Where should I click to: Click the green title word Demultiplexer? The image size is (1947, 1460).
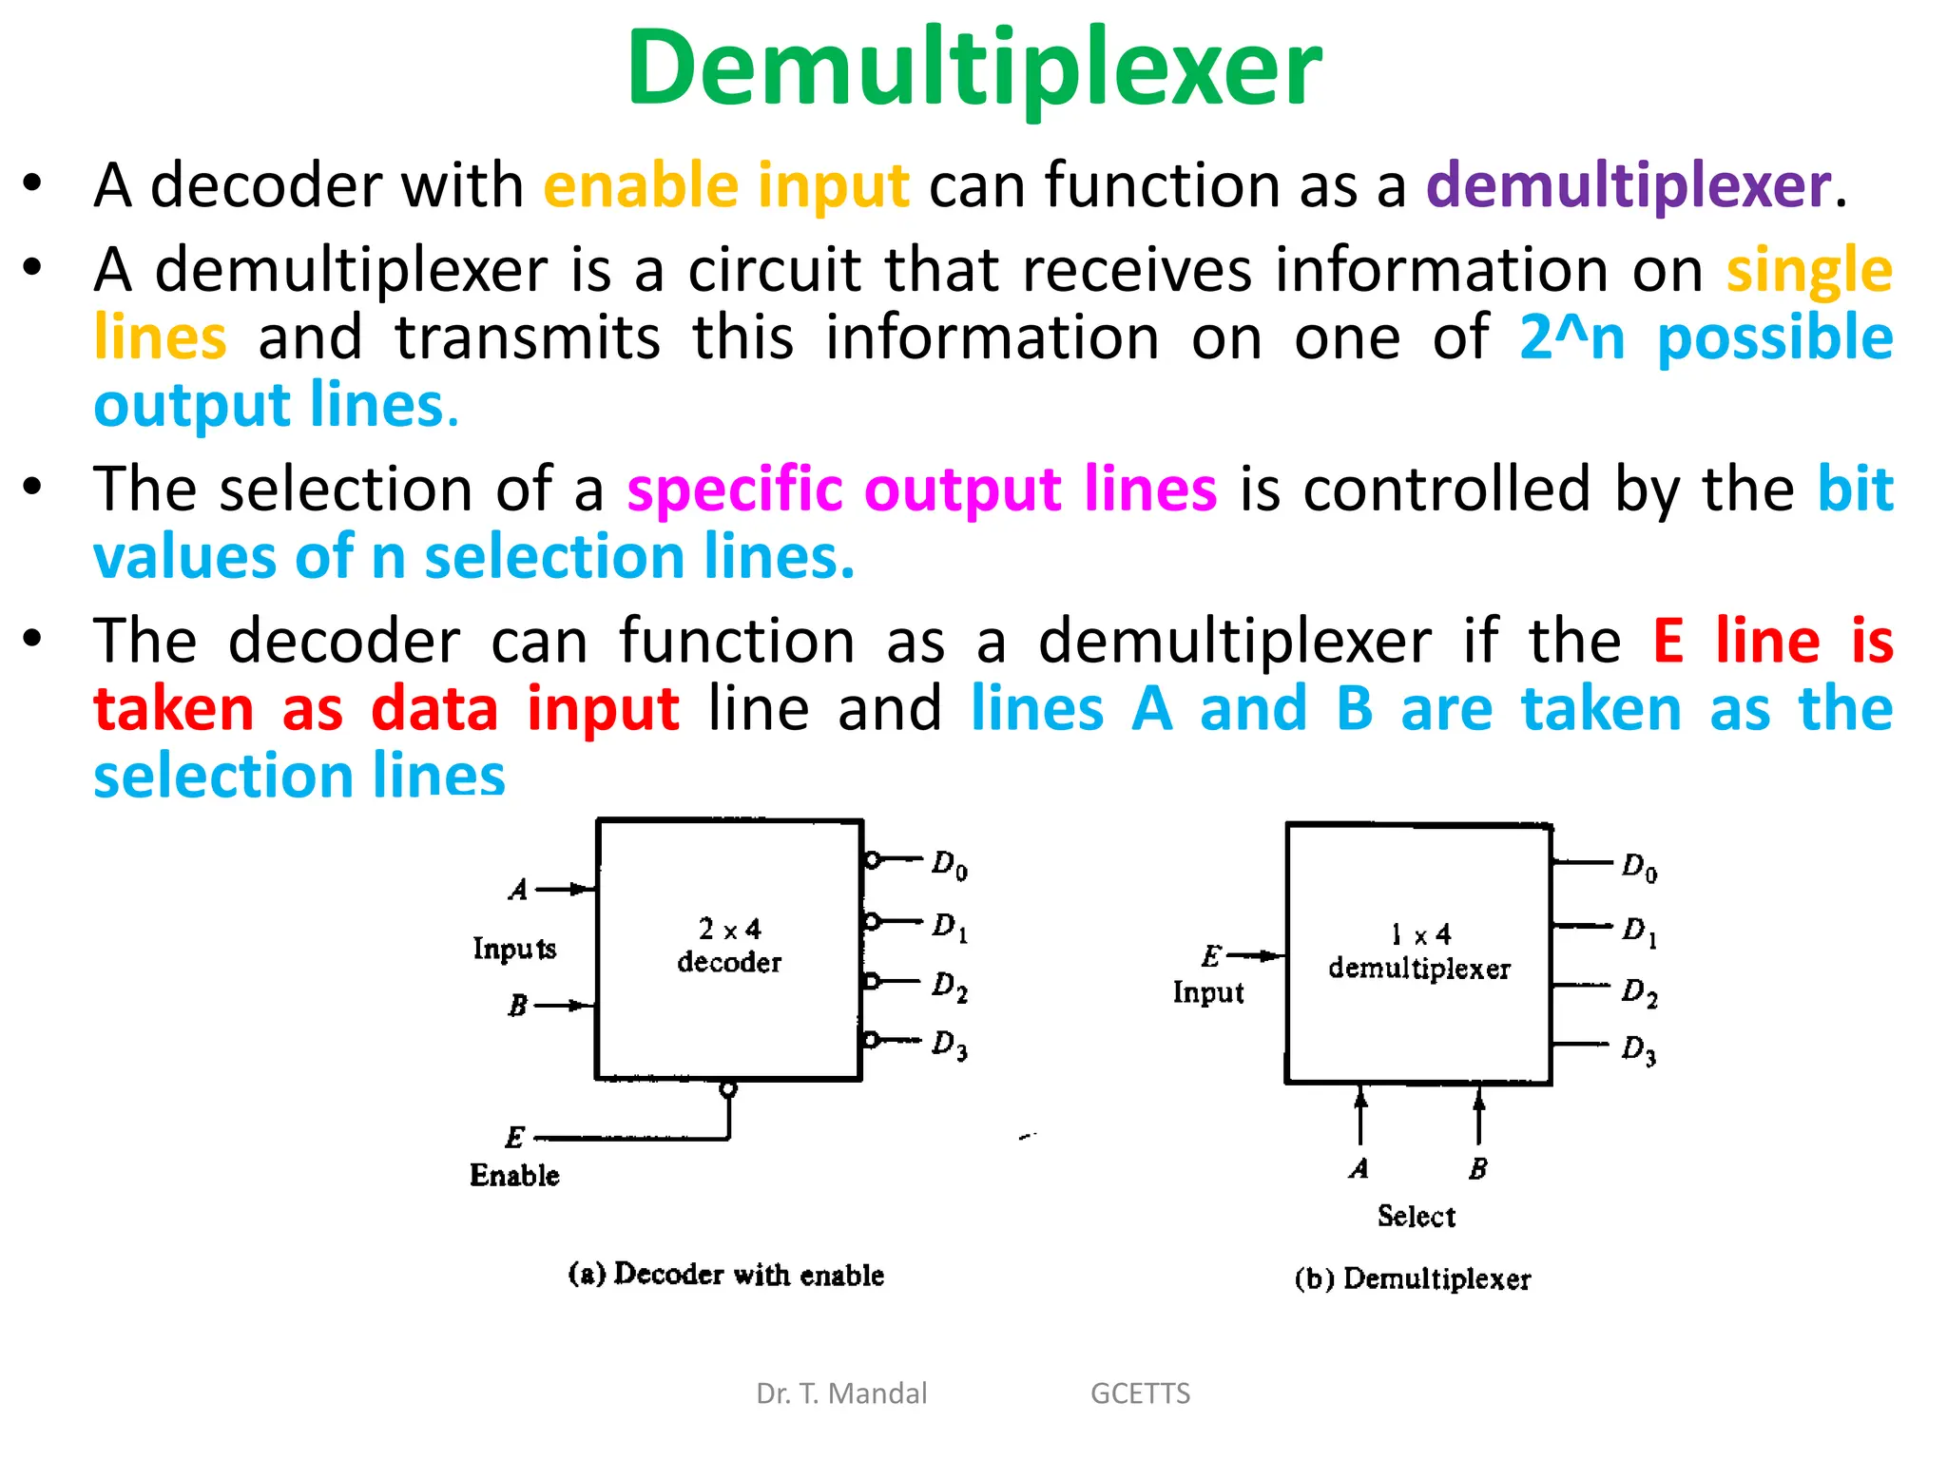click(973, 68)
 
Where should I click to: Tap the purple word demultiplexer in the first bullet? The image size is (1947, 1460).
click(1628, 184)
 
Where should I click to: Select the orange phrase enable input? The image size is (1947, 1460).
click(726, 184)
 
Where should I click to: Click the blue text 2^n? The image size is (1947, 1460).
click(1571, 338)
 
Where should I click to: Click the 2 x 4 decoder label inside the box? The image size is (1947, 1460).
click(729, 946)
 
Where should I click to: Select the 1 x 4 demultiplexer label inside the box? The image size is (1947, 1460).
click(1419, 951)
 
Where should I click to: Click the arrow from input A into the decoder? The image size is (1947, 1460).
click(569, 890)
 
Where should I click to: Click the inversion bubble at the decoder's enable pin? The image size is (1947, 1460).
click(728, 1089)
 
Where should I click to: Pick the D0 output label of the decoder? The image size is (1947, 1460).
click(949, 865)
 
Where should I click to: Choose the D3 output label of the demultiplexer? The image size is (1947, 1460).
click(1639, 1049)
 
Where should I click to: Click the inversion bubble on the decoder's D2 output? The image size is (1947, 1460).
click(871, 981)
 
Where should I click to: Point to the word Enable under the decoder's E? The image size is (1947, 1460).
click(514, 1176)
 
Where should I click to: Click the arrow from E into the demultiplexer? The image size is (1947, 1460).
click(1257, 955)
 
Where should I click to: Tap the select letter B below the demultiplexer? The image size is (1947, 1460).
click(1477, 1168)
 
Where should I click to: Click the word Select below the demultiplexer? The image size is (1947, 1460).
click(1417, 1217)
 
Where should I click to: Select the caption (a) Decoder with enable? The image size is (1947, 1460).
click(726, 1275)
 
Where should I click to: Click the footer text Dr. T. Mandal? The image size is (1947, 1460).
click(841, 1393)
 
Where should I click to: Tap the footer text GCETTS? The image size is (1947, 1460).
click(1140, 1393)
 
